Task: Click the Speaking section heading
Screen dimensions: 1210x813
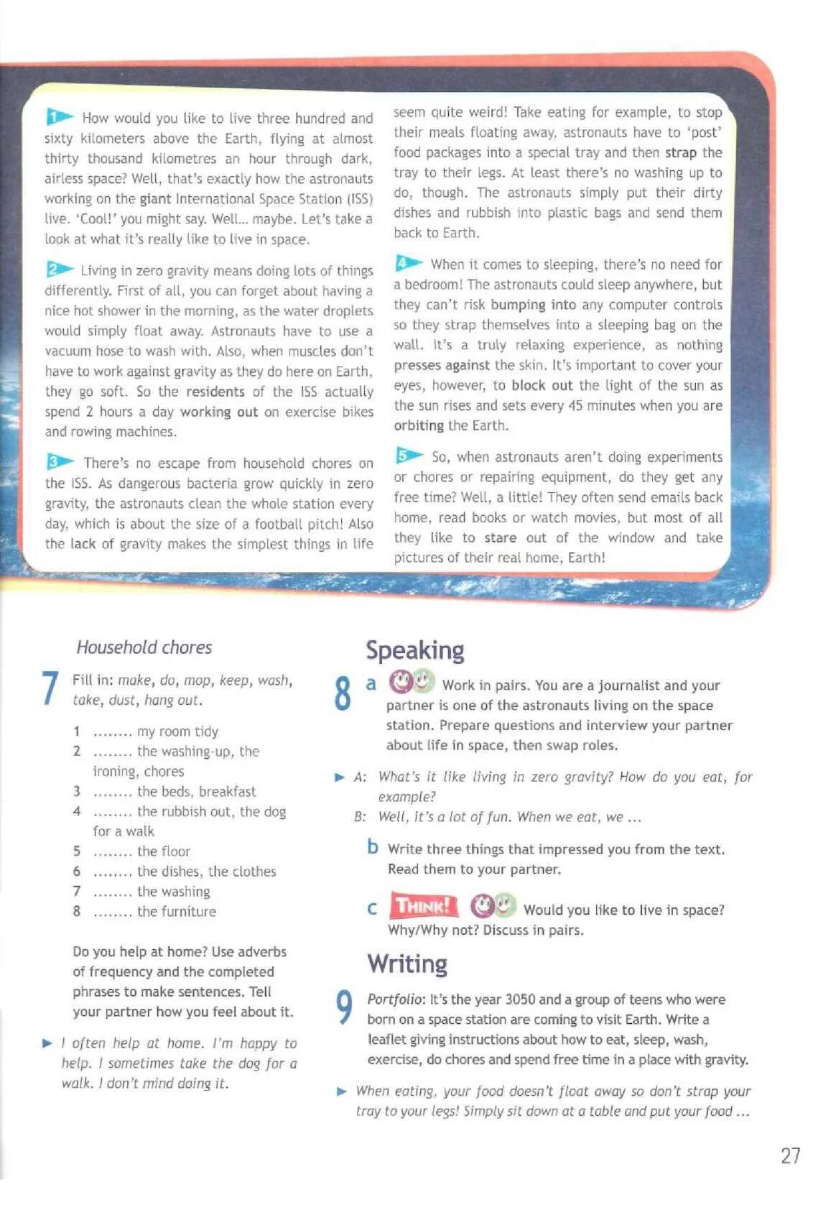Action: tap(414, 650)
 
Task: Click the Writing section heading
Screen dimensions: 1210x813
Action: tap(406, 964)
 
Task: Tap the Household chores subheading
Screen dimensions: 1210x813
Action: tap(144, 647)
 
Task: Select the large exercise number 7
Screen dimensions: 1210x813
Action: tap(49, 688)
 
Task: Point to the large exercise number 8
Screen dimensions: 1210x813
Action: tap(343, 693)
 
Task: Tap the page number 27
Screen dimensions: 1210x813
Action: tap(789, 1155)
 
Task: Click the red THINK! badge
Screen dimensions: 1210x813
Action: tap(424, 905)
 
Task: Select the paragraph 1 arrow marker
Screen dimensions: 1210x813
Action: tap(60, 116)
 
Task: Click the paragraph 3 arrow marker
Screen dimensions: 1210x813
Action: tap(60, 461)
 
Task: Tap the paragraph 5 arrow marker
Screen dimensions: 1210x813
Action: tap(409, 456)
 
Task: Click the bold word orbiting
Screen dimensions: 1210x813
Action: tap(419, 425)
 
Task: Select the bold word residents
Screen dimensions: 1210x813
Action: tap(215, 392)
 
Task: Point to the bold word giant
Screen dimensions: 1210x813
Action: tap(155, 199)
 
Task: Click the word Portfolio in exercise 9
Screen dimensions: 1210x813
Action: tap(396, 999)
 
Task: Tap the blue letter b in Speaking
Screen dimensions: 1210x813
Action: tap(372, 847)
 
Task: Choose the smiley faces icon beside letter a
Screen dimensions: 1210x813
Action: tap(412, 680)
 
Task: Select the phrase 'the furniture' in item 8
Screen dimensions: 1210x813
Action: tap(176, 911)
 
